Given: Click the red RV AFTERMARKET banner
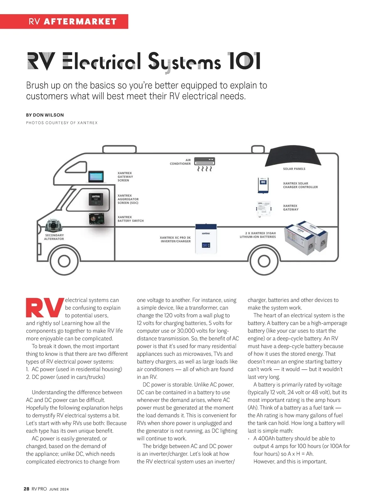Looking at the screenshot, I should click(x=64, y=22).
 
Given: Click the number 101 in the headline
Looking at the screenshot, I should click(x=244, y=61).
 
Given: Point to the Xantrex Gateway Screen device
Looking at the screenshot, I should click(x=96, y=177).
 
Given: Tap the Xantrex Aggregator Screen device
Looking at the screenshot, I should click(x=96, y=199).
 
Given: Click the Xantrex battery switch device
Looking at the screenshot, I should click(x=96, y=219).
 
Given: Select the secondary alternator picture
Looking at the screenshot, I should click(x=54, y=225).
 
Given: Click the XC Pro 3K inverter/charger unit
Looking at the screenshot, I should click(x=206, y=239).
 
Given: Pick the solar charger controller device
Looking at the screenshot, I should click(x=263, y=185).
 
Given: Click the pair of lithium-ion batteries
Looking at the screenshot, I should click(x=306, y=238).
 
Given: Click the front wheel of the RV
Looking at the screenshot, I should click(x=64, y=261).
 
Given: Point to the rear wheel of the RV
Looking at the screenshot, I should click(x=264, y=261).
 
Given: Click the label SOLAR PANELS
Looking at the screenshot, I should click(x=294, y=169).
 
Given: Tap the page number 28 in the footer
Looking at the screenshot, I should click(x=26, y=489).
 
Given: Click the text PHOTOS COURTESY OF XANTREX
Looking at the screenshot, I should click(x=62, y=123).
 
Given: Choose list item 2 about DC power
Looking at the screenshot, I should click(x=65, y=377).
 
